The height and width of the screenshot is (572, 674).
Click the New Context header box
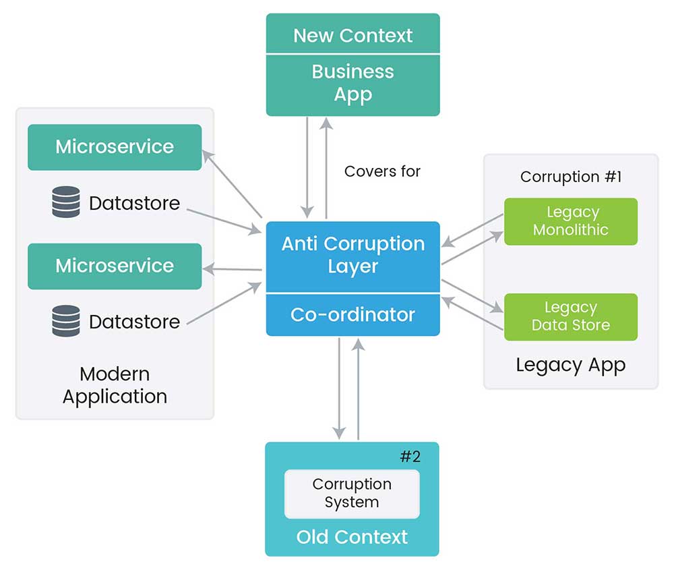click(x=353, y=35)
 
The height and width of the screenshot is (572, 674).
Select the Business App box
click(x=353, y=84)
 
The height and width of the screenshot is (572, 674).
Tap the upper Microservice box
click(x=115, y=147)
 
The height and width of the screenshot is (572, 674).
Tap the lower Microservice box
click(x=115, y=266)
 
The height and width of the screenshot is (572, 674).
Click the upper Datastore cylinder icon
click(x=65, y=202)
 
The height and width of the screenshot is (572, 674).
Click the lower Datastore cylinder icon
click(x=65, y=321)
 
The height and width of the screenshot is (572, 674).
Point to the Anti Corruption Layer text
click(x=353, y=255)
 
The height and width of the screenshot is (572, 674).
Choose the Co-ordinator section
click(x=353, y=314)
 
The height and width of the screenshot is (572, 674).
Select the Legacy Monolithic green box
click(x=570, y=221)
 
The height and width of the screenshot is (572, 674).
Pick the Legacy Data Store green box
click(x=570, y=316)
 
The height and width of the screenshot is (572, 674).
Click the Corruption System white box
click(x=352, y=493)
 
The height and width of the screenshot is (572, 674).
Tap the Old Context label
click(x=352, y=537)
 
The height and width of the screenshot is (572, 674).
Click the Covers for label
click(x=382, y=171)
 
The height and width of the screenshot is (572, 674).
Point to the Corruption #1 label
click(x=570, y=177)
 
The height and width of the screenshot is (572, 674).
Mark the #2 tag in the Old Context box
click(x=410, y=457)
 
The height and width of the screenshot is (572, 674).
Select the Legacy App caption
click(x=570, y=365)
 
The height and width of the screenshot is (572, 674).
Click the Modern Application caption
click(x=115, y=385)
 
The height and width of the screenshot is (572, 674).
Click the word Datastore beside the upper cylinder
click(x=134, y=203)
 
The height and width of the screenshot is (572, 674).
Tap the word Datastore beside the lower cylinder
click(x=134, y=322)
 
